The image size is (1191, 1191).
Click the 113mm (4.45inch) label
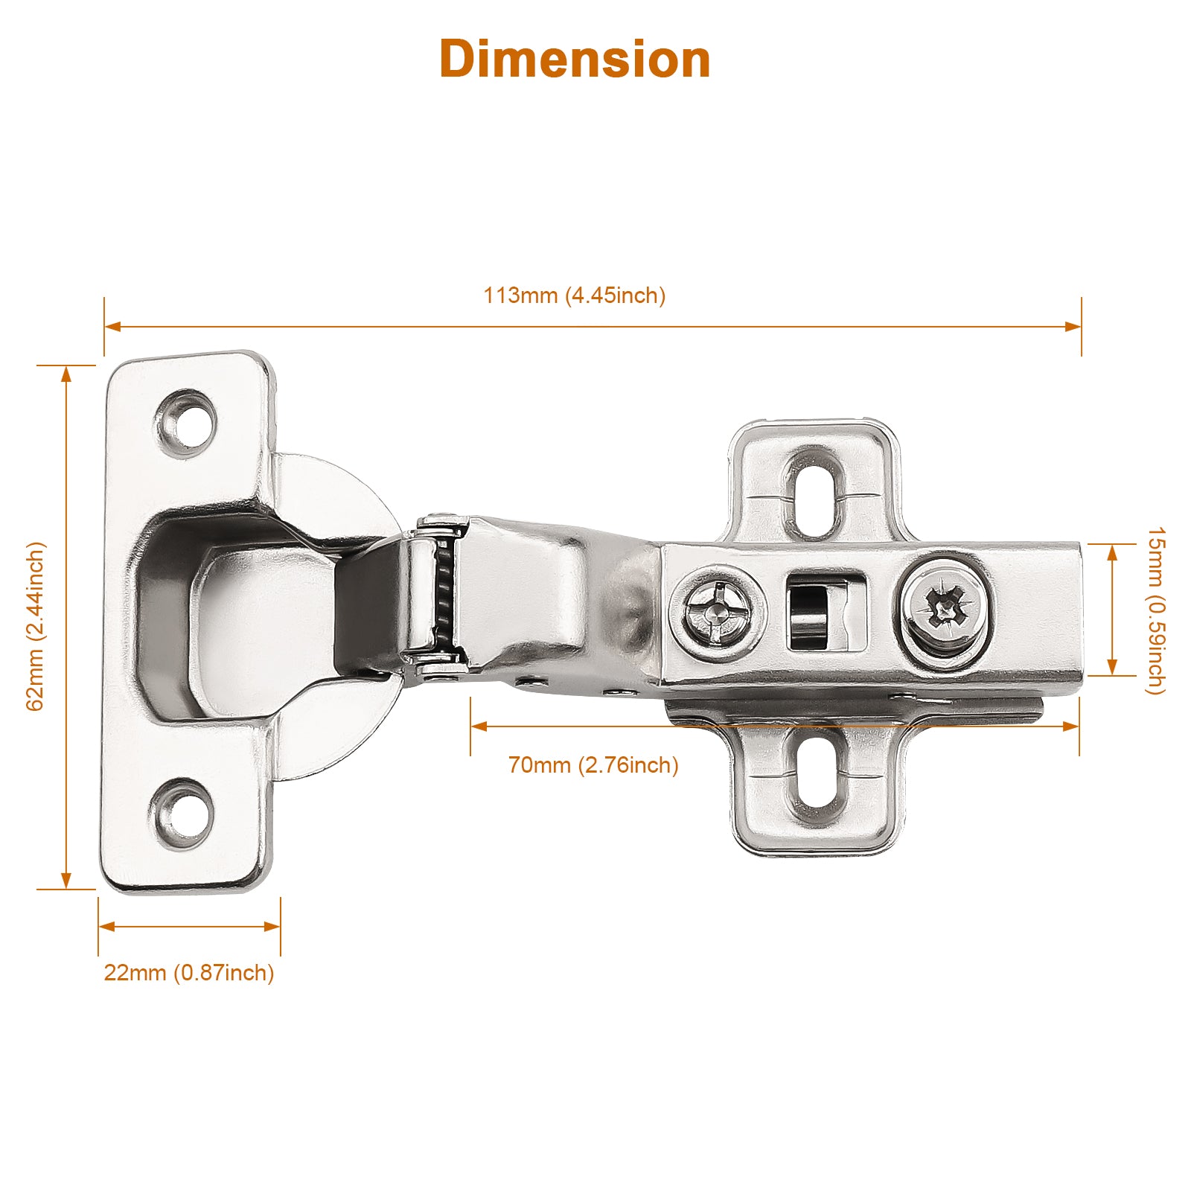click(575, 296)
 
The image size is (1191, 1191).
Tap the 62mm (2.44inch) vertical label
click(36, 626)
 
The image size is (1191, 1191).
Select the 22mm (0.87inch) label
click(189, 973)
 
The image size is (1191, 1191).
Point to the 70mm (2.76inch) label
click(593, 764)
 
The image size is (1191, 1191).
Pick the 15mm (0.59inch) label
click(1155, 610)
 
